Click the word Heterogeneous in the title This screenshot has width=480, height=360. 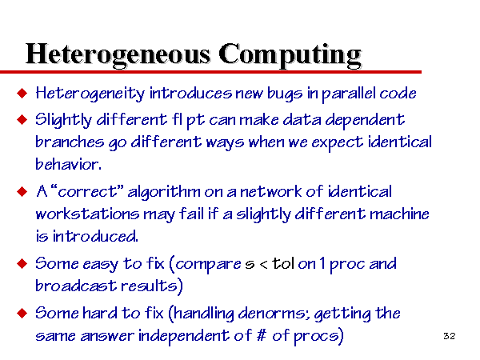[118, 54]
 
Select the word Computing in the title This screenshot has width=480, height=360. [290, 55]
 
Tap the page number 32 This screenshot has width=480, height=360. [449, 336]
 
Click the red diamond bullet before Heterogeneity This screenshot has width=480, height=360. [22, 93]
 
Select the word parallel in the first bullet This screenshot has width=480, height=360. [348, 94]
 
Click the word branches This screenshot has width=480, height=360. [70, 142]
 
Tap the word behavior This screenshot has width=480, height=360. [68, 164]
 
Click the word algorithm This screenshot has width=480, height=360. [163, 193]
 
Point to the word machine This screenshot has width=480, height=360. [399, 214]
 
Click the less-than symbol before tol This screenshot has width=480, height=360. [263, 264]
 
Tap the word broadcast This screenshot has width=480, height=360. [76, 286]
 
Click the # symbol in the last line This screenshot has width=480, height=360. [261, 335]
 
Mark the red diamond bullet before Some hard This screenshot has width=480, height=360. [22, 313]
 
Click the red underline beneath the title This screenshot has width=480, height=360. [210, 72]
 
